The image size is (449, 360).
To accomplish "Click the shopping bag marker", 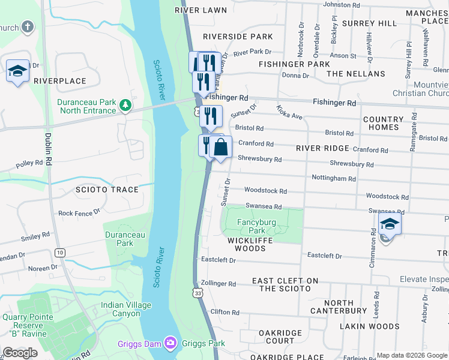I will point(220,148).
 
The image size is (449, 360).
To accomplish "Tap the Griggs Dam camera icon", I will point(171,343).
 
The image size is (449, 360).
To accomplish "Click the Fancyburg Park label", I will point(257,226).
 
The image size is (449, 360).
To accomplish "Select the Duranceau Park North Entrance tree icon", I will point(125,106).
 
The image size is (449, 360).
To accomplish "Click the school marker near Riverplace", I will point(17,71).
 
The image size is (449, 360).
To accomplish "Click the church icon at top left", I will point(27,27).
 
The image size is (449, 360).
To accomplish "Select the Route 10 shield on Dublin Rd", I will point(59,253).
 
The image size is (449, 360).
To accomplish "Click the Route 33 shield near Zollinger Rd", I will point(199,293).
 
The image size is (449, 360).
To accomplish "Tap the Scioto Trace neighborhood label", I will point(107,190).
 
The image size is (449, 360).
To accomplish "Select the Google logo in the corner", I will point(20,353).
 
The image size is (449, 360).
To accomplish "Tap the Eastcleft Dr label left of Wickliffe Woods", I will point(218,260).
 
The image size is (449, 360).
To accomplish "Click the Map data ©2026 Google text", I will point(412,355).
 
